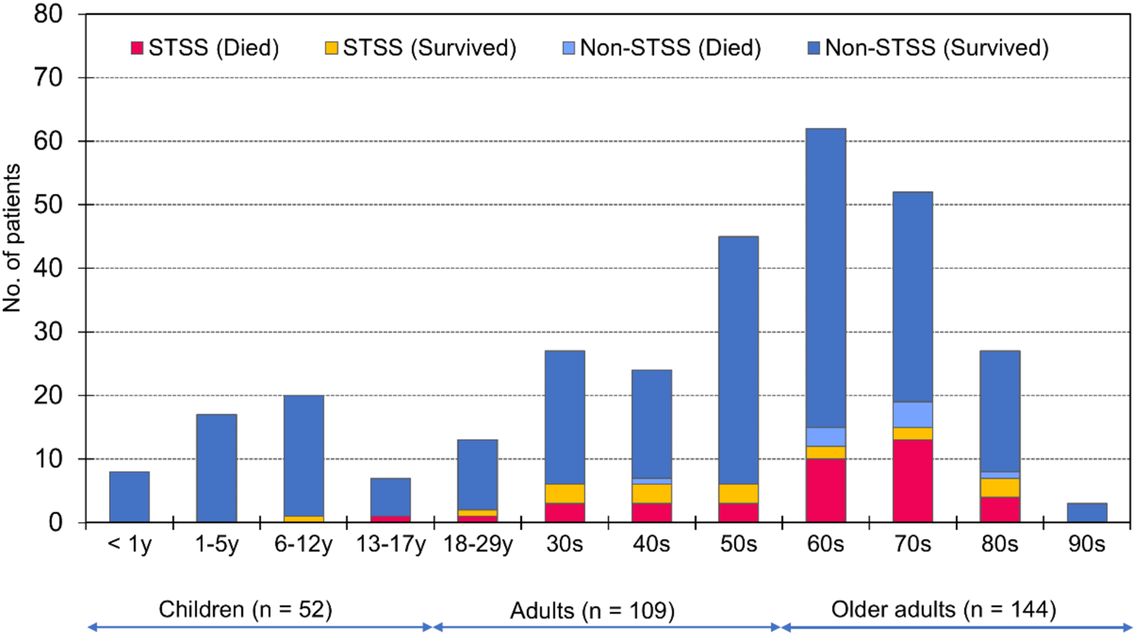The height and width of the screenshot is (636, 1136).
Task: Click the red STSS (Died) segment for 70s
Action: pyautogui.click(x=912, y=481)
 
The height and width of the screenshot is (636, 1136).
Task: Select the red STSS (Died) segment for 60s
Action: pyautogui.click(x=825, y=491)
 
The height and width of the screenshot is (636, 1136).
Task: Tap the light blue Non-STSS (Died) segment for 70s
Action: pyautogui.click(x=912, y=415)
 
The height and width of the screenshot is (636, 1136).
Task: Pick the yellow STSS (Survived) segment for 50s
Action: pyautogui.click(x=738, y=494)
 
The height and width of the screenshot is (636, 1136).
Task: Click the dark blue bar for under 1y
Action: pyautogui.click(x=129, y=497)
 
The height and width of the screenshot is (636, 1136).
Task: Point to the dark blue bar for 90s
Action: pyautogui.click(x=1087, y=513)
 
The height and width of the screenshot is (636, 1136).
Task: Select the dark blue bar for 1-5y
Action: pyautogui.click(x=216, y=468)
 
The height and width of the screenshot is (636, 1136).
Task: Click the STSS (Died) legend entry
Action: pyautogui.click(x=205, y=48)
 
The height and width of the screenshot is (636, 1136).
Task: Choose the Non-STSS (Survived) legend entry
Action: pyautogui.click(x=929, y=48)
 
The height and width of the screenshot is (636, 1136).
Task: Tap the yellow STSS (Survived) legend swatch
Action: pyautogui.click(x=331, y=48)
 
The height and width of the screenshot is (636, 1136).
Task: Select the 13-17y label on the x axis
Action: pyautogui.click(x=391, y=544)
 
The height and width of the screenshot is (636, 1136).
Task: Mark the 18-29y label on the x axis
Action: pyautogui.click(x=478, y=544)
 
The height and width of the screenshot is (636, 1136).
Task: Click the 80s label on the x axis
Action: pyautogui.click(x=1000, y=544)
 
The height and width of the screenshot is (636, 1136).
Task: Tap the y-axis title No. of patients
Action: pyautogui.click(x=12, y=238)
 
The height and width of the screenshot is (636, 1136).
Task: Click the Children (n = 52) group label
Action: pyautogui.click(x=245, y=610)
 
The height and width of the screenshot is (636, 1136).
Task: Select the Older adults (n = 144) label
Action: pyautogui.click(x=944, y=610)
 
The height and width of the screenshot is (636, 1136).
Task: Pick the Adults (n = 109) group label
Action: pyautogui.click(x=592, y=611)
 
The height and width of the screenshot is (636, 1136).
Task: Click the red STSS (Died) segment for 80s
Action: pyautogui.click(x=1000, y=509)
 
